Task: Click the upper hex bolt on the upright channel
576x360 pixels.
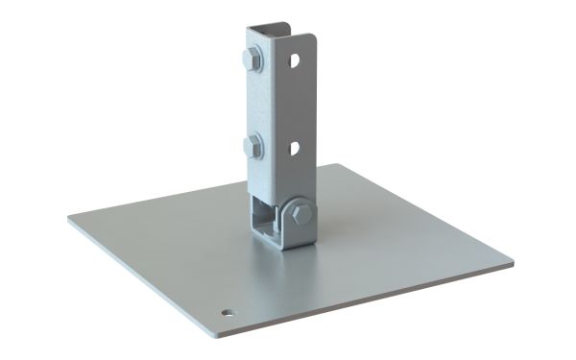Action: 252,60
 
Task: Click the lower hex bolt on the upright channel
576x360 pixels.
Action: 252,147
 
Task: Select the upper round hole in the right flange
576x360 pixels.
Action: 297,60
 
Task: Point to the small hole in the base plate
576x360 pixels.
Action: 227,312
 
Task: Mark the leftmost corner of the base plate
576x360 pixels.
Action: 70,217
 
